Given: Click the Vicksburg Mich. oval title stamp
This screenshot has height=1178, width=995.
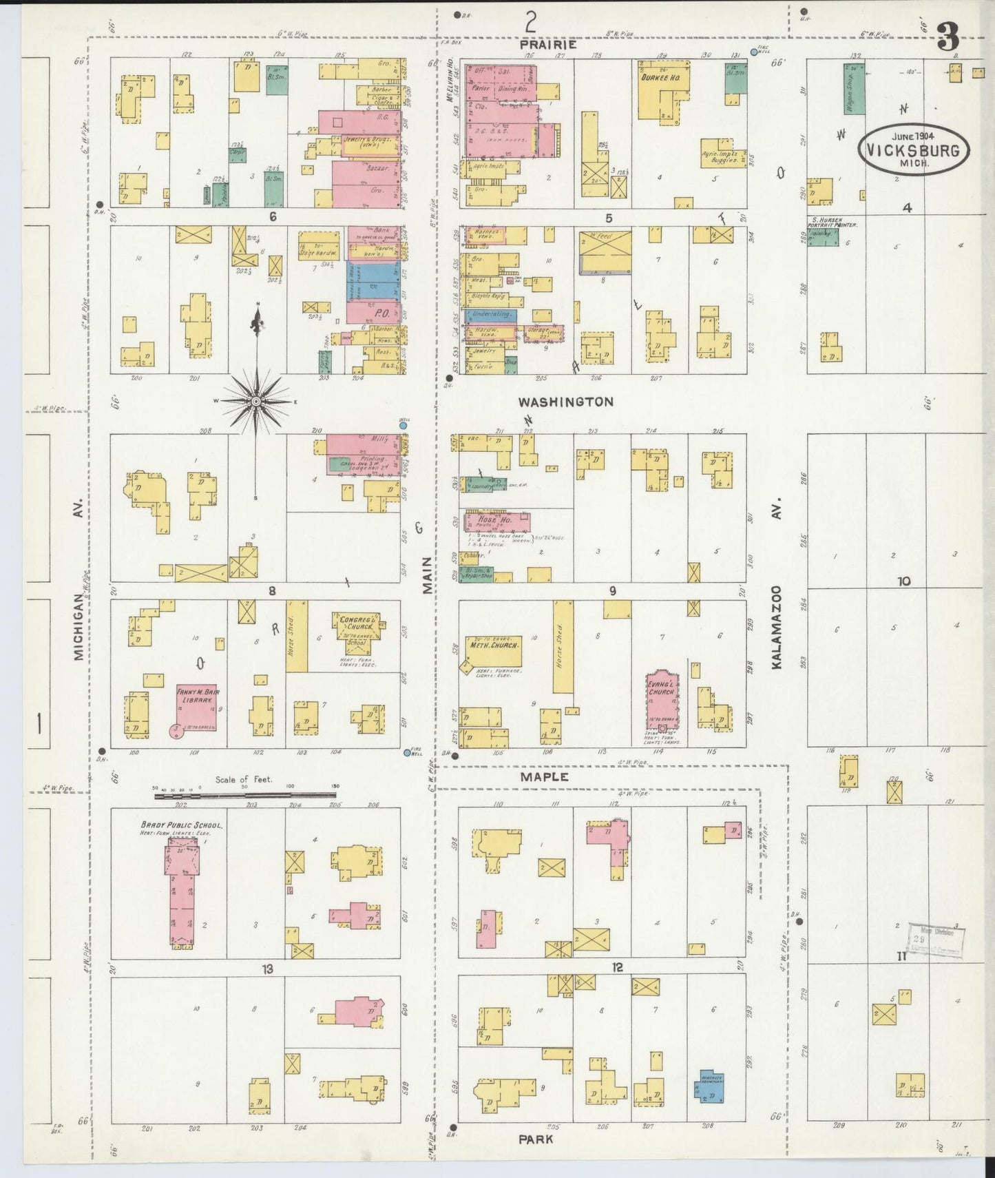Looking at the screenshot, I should tap(912, 149).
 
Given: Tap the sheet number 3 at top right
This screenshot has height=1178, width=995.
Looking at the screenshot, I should tap(948, 38).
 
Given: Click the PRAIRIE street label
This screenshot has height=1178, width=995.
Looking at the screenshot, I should tap(549, 44).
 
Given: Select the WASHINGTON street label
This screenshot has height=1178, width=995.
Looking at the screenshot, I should tap(565, 402).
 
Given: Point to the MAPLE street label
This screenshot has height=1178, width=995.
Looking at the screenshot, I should tap(544, 776).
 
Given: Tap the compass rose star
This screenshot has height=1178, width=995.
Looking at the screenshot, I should tap(255, 401).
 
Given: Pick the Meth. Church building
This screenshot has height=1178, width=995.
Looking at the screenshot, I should tap(493, 651).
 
